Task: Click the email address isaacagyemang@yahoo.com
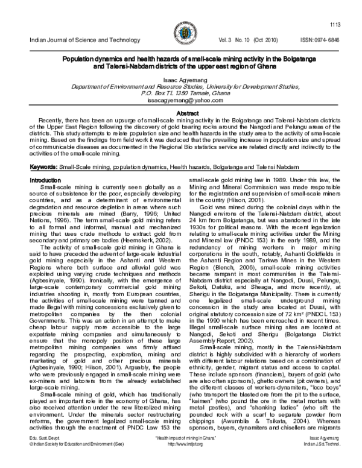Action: tap(180, 103)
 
